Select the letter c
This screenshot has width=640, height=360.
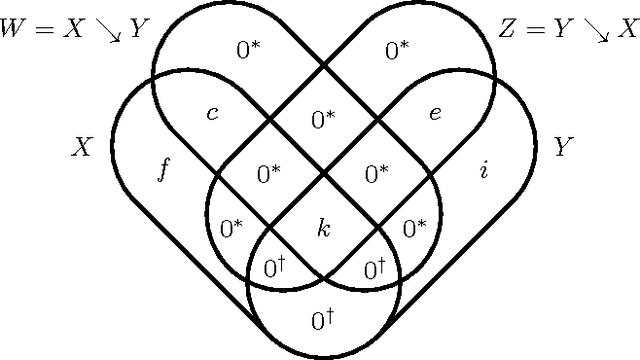coord(211,112)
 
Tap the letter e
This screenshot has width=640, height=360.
coord(434,112)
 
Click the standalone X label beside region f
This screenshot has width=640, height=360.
coord(83,147)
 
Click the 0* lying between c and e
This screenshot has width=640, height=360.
coord(323,120)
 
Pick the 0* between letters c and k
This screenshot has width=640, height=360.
coord(269,174)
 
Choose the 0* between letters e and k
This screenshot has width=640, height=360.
coord(377,174)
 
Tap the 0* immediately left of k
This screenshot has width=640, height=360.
coord(231,228)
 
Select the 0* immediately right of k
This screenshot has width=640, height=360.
coord(414,228)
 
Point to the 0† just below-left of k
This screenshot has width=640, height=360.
coord(275,268)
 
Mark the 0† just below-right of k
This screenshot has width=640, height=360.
coord(376,268)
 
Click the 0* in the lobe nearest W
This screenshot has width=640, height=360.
coord(247,47)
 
